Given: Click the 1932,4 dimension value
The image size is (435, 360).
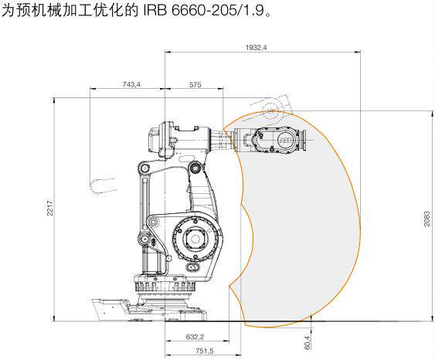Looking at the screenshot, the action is point(256,48).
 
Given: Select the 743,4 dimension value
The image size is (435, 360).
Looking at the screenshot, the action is point(131,84).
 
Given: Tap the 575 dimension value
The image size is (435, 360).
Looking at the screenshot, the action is point(195,84).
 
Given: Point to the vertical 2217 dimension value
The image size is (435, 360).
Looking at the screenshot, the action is point(50,208).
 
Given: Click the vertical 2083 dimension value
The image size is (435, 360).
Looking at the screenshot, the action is point(427,219).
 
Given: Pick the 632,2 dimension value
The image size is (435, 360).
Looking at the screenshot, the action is point(195,337).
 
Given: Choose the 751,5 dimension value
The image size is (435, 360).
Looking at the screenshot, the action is point(205,352).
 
